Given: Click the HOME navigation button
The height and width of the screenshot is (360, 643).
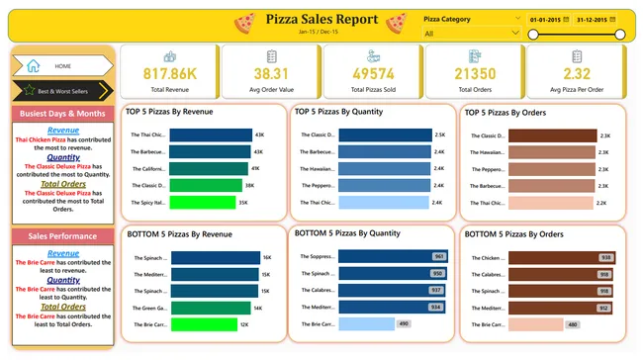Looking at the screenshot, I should point(61,66).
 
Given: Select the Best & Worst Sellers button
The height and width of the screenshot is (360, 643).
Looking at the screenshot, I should point(61,91).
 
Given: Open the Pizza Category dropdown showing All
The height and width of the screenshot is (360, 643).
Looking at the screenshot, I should point(470,34).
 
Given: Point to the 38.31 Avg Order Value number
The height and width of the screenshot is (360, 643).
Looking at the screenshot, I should point(270,74).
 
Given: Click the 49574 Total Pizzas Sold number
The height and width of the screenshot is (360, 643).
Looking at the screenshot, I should point(372,74).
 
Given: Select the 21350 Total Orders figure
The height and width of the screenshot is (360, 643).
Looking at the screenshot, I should point(474,74).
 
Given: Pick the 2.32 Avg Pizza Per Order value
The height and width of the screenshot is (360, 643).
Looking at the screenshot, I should point(576,74).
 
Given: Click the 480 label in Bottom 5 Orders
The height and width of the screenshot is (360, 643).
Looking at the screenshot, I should point(574,323).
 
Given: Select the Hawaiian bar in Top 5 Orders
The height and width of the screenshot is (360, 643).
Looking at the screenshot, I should point(553,152).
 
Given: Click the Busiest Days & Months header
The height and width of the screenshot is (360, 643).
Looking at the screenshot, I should point(63,114).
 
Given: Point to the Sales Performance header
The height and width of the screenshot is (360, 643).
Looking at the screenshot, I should point(63,237).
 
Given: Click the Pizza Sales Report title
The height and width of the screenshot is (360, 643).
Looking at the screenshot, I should point(321,19).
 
